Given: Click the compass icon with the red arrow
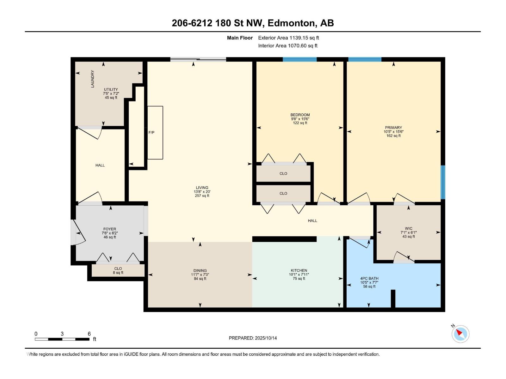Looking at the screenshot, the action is coord(460,334).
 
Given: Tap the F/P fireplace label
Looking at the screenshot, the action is coord(151,133).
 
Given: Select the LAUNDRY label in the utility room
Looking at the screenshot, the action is coord(92,79).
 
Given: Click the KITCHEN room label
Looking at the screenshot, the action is coord(299,270).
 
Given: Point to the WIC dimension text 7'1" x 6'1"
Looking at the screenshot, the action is coord(409,232).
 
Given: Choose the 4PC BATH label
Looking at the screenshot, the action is coord(369,279).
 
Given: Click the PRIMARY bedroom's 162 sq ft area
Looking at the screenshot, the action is coord(393,136).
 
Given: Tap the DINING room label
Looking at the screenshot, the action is coord(200,271).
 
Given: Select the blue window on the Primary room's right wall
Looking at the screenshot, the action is coord(443,182).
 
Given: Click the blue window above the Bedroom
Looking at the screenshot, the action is coord(300,59).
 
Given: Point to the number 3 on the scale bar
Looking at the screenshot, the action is coord(62,334).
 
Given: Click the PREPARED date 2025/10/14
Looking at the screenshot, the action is coord(266,338).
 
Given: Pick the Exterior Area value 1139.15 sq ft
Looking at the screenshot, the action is coord(304,38).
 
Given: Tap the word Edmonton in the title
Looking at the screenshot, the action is coord(291,23).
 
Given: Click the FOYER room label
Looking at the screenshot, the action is coord(109,229).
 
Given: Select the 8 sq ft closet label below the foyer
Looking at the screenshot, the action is coord(118,273).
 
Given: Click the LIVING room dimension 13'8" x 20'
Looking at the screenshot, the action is coord(202,192).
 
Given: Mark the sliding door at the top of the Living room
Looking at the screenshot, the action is coord(198,59).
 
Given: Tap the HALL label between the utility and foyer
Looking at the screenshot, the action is coord(100,165).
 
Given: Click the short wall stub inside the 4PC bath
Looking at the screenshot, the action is coord(393,298).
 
